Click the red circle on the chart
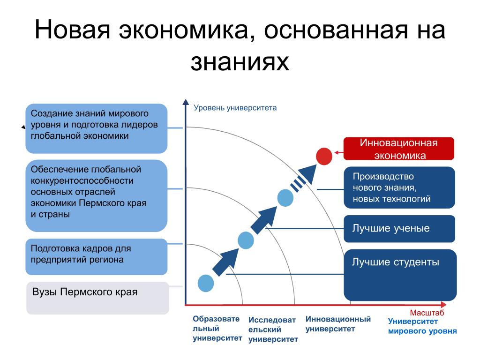click(x=324, y=156)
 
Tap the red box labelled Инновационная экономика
click(x=398, y=149)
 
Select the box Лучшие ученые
click(x=399, y=229)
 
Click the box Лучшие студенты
click(x=400, y=275)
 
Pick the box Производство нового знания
click(x=399, y=187)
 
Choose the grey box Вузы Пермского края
click(x=97, y=298)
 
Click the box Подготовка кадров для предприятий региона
click(x=96, y=256)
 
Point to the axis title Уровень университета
click(x=235, y=108)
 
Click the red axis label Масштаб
click(x=427, y=313)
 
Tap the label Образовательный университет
click(x=217, y=329)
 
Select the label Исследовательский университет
click(x=273, y=330)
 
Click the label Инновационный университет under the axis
click(x=338, y=324)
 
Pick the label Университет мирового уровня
click(x=422, y=326)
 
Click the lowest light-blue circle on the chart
click(x=206, y=283)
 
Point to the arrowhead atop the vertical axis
click(x=186, y=102)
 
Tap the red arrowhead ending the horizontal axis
click(x=443, y=305)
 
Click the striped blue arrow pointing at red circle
click(x=303, y=179)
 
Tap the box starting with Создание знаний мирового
click(x=96, y=128)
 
